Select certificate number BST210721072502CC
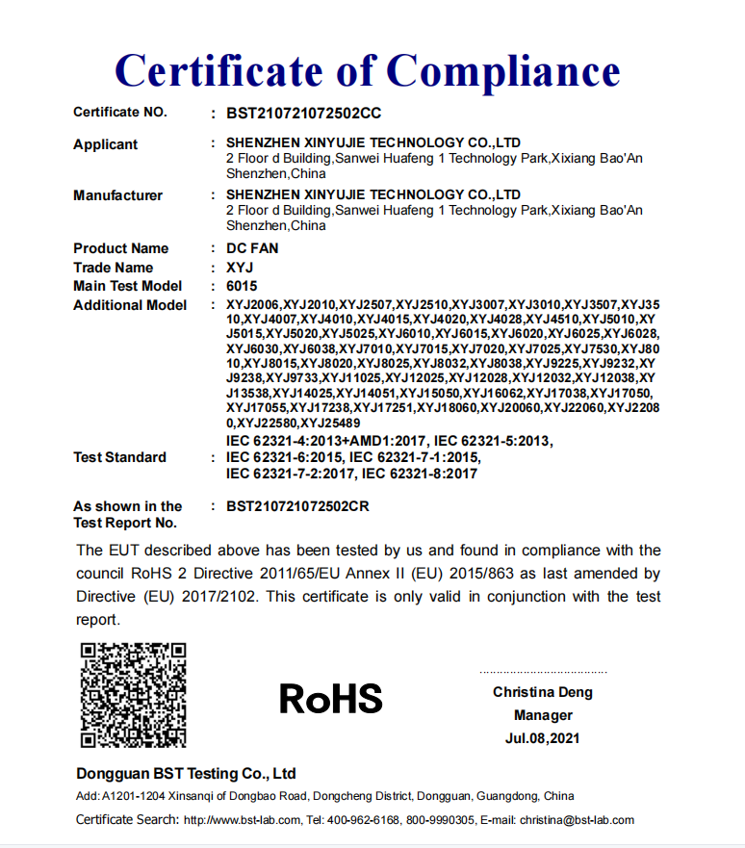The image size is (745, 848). pos(303,113)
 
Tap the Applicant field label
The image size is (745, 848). pos(105,144)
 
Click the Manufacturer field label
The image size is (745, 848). pos(117,195)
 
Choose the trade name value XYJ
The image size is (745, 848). pos(240,268)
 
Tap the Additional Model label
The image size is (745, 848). pos(130,305)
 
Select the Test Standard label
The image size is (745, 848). pos(119,457)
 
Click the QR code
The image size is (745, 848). pos(133,695)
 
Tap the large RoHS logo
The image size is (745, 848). pos(330,699)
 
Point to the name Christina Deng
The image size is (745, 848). pos(543,692)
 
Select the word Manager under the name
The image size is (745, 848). pos(543,715)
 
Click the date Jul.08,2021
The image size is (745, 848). pos(543,738)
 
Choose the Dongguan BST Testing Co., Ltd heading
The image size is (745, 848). pos(186,774)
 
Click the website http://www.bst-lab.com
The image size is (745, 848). pos(243,820)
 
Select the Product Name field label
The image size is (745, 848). pos(120,248)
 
